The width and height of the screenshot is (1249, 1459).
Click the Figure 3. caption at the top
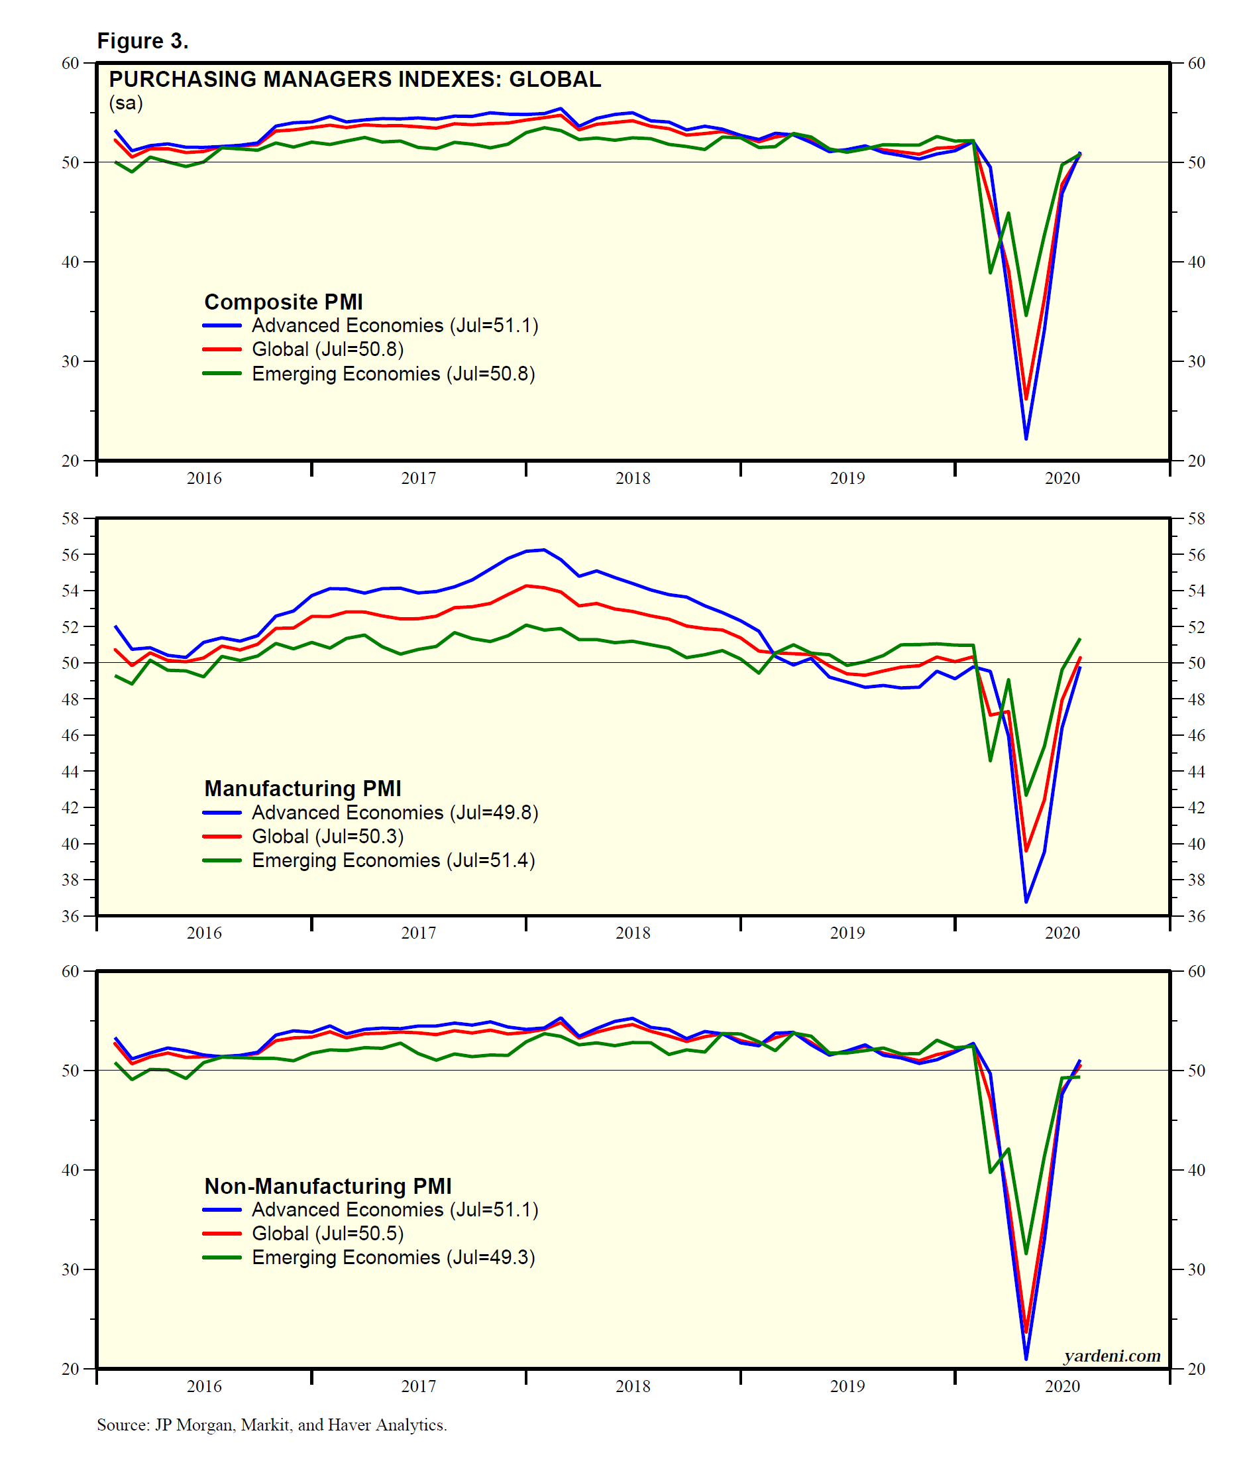(x=143, y=41)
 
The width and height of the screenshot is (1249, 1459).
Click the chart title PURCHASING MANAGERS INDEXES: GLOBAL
(x=354, y=79)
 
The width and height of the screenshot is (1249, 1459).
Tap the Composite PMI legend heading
(x=284, y=302)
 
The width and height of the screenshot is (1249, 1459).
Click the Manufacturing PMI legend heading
(x=303, y=788)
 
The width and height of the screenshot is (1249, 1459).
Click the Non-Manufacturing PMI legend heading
(x=328, y=1186)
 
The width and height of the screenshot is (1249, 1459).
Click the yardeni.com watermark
(x=1112, y=1356)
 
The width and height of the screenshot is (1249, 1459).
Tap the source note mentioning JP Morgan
(x=272, y=1425)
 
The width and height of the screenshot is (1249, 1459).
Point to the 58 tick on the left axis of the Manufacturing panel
(x=70, y=519)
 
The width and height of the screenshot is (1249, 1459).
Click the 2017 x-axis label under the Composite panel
(x=419, y=478)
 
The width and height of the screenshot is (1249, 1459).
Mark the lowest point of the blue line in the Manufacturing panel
(x=1026, y=902)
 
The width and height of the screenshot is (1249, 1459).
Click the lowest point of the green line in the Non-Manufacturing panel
(x=1026, y=1254)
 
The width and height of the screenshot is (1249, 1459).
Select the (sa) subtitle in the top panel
(x=126, y=103)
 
